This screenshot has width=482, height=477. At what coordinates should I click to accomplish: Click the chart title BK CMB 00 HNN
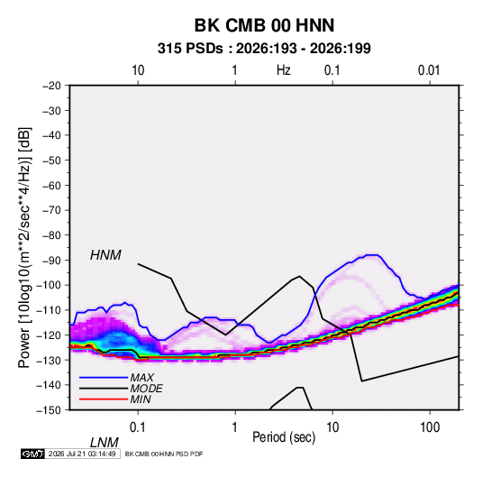click(264, 25)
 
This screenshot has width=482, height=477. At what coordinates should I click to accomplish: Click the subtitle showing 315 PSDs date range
click(264, 49)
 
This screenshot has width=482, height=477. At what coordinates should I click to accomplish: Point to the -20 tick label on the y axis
click(51, 86)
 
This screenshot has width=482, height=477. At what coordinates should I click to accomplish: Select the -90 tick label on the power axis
click(51, 261)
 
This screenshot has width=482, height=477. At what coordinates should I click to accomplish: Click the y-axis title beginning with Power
click(24, 247)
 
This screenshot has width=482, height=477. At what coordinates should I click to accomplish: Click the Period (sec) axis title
click(284, 437)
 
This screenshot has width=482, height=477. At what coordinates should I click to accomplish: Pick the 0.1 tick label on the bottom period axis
click(138, 427)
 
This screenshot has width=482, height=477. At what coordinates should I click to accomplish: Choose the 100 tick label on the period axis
click(430, 427)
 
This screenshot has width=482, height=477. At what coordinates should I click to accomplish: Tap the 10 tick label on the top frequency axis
click(138, 70)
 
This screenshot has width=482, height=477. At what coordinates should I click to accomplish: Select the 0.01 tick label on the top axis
click(429, 70)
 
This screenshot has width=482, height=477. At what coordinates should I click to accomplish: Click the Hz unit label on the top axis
click(284, 70)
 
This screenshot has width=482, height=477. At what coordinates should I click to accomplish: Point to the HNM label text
click(105, 255)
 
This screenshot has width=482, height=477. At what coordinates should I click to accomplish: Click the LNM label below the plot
click(104, 443)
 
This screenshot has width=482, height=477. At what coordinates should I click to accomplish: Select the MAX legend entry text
click(142, 377)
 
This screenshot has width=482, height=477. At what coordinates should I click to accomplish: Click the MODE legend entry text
click(146, 389)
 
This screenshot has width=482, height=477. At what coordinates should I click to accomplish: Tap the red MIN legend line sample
click(104, 399)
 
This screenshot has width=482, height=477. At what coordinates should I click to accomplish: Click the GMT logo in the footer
click(33, 454)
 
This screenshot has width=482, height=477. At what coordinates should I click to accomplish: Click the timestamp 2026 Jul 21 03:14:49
click(82, 454)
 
